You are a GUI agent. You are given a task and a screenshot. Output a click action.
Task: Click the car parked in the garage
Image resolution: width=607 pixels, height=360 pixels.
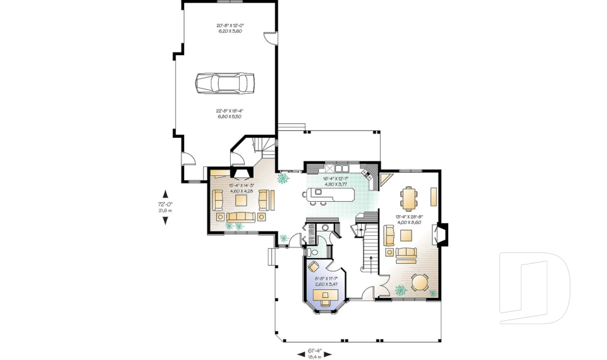224,83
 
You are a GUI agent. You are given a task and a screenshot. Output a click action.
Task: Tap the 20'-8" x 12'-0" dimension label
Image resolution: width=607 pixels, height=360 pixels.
230,28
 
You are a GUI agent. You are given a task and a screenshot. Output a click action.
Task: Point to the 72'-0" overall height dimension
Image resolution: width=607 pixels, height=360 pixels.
165,207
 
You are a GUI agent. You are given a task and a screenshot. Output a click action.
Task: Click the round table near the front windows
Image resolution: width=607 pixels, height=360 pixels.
419,282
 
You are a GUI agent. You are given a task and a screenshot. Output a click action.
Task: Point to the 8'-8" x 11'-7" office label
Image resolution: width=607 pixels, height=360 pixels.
326,280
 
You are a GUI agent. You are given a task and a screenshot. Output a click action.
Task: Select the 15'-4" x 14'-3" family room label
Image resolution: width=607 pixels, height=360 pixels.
241,188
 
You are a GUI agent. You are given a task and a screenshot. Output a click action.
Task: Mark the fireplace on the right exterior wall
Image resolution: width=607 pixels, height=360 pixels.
443,235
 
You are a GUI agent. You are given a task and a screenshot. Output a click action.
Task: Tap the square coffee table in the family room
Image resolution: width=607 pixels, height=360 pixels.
242,201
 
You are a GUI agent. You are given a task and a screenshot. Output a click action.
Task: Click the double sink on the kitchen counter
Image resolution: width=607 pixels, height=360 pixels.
342,169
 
